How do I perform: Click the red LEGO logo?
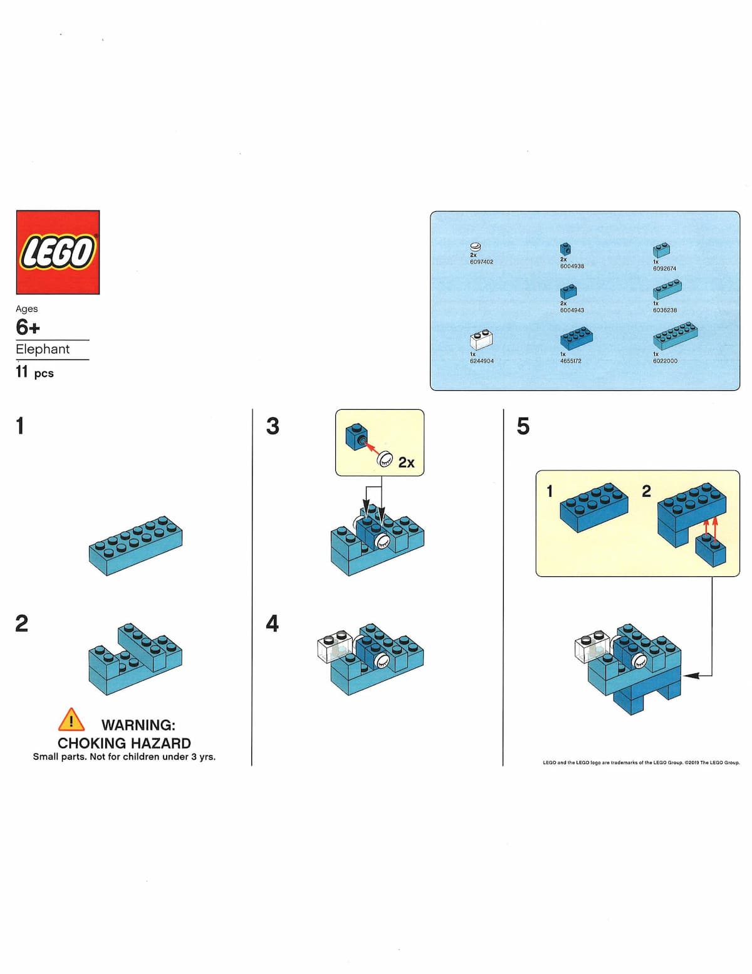(58, 252)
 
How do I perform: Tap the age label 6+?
(28, 327)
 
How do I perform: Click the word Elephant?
(43, 349)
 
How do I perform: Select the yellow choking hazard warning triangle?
(71, 720)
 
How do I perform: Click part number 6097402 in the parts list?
(481, 262)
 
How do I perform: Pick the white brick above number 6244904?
(481, 339)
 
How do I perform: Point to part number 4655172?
(570, 361)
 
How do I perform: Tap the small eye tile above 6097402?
(476, 246)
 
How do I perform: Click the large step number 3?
(273, 427)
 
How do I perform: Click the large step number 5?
(523, 427)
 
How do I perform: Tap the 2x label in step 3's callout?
(406, 462)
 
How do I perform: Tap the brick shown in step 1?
(135, 545)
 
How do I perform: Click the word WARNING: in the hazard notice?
(138, 725)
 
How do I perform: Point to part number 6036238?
(664, 310)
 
